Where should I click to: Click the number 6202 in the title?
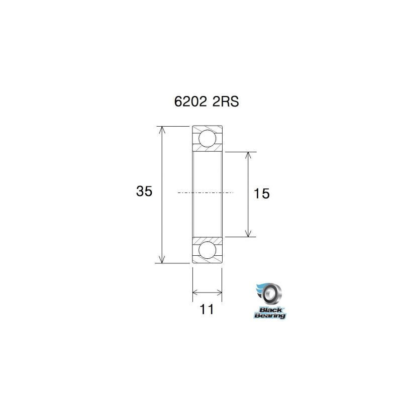(189, 102)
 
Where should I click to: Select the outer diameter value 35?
(144, 191)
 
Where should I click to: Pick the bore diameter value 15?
(262, 193)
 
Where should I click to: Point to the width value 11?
(207, 310)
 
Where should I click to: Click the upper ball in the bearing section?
(208, 138)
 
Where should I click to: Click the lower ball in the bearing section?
(208, 250)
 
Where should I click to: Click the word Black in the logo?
(269, 309)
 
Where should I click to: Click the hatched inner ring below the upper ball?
(208, 149)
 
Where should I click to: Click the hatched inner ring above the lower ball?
(208, 239)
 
